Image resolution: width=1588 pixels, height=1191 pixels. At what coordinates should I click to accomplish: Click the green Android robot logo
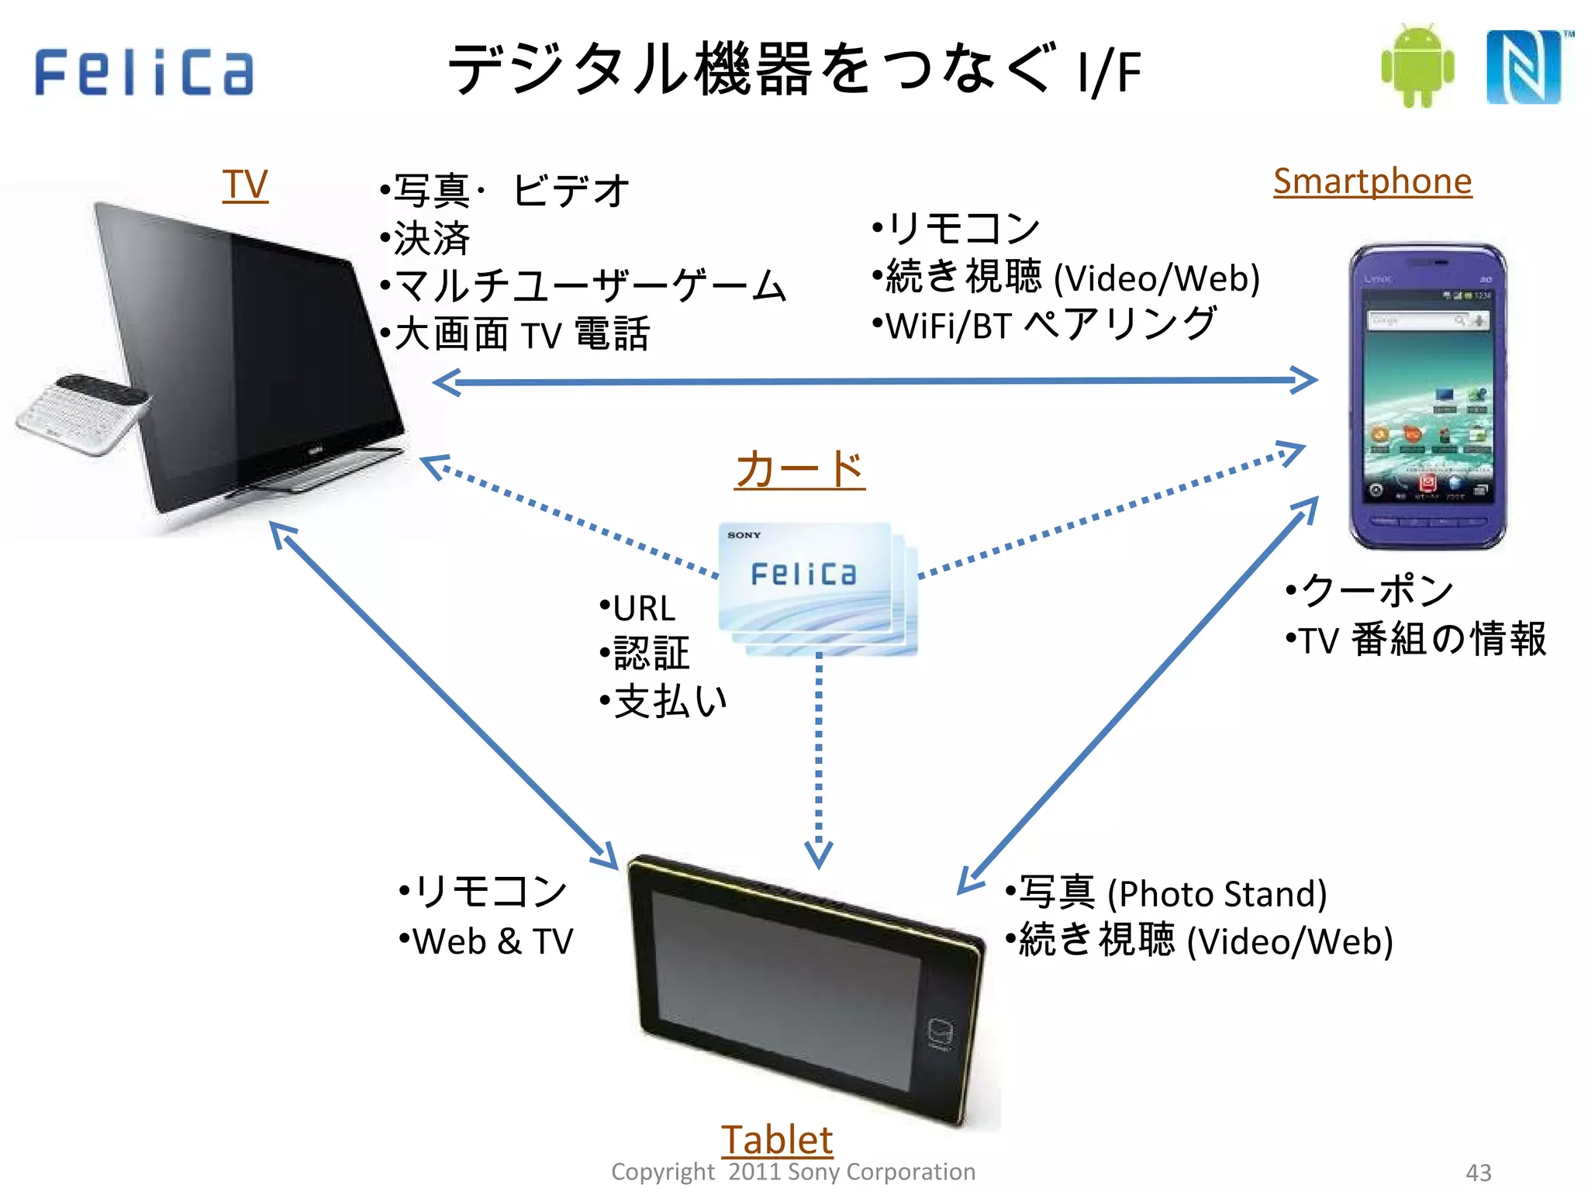[x=1417, y=67]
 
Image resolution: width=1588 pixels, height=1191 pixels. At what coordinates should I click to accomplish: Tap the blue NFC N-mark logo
[x=1524, y=67]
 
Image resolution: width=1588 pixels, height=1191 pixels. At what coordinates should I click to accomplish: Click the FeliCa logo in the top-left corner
[x=144, y=72]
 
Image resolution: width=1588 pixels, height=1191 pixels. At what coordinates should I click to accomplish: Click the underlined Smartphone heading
[x=1372, y=181]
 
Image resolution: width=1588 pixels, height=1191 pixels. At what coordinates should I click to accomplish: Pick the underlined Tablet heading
[x=776, y=1139]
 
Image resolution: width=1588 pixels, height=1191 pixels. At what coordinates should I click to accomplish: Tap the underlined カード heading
[x=799, y=469]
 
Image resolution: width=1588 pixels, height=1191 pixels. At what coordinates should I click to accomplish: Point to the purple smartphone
[x=1427, y=395]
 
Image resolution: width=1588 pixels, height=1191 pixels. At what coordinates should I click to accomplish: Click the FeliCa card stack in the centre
[x=814, y=585]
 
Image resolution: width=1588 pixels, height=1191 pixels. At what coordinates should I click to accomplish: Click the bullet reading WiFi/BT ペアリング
[x=1047, y=325]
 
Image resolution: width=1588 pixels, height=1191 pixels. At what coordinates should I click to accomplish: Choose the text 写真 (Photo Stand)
[x=1171, y=893]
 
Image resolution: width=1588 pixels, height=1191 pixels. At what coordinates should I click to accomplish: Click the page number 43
[x=1478, y=1172]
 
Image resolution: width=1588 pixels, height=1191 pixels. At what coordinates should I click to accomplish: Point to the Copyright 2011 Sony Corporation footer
[x=792, y=1172]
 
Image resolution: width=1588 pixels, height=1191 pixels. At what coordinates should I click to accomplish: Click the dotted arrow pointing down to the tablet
[x=819, y=760]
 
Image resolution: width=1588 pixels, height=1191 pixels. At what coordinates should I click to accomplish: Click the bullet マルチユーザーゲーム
[x=589, y=285]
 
